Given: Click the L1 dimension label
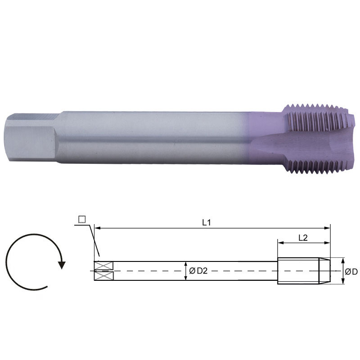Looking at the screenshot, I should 207,222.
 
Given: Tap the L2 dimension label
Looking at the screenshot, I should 303,238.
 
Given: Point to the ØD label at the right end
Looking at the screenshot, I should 351,271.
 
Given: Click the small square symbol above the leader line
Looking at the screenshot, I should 81,219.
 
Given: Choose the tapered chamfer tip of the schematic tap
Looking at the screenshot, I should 325,271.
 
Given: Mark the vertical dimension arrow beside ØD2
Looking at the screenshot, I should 186,271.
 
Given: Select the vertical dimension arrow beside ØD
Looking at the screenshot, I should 343,271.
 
